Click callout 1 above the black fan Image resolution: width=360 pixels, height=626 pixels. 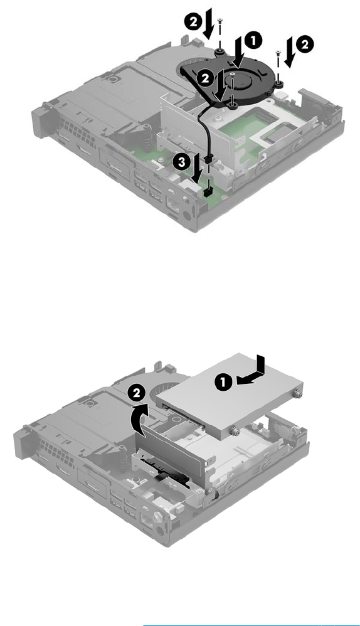tap(253, 41)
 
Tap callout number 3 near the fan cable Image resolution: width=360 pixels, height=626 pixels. tap(181, 162)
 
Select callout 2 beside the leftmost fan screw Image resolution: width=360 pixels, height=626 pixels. tap(193, 21)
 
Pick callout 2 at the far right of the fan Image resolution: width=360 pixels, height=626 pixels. tap(305, 45)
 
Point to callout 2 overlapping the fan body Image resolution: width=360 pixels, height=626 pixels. tap(205, 78)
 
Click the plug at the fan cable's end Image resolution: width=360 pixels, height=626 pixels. tap(208, 160)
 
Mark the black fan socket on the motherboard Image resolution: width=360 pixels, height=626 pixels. tap(207, 193)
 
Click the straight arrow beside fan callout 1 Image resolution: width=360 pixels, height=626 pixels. tap(240, 51)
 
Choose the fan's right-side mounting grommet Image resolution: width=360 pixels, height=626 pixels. tap(279, 84)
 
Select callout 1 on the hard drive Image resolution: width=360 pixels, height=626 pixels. tap(223, 382)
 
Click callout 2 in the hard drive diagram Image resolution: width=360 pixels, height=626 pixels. tap(137, 394)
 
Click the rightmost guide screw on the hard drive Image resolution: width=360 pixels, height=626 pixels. tap(297, 394)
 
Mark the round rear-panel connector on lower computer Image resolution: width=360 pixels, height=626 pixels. tap(161, 531)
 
